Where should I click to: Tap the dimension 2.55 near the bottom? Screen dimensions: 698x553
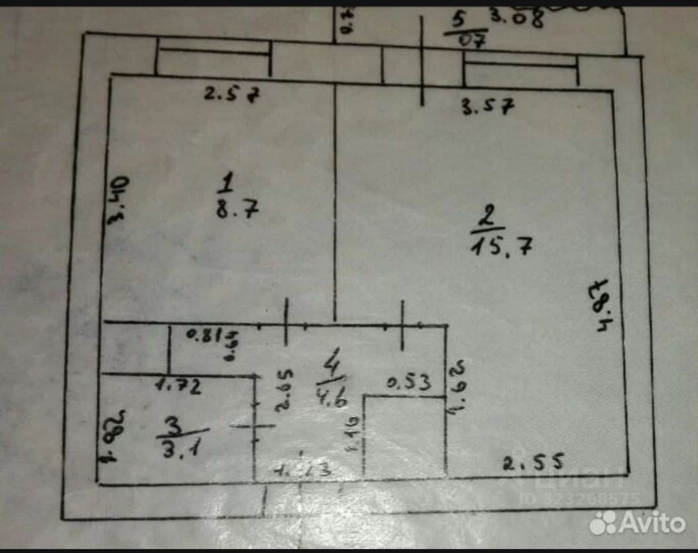(534, 462)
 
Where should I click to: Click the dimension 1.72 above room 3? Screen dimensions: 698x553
(178, 387)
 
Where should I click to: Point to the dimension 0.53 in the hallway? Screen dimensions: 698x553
(408, 383)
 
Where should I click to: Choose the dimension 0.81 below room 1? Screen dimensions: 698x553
(205, 335)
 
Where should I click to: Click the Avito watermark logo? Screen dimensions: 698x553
(637, 522)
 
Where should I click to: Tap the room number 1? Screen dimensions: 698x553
(225, 185)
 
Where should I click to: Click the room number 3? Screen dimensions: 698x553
(173, 425)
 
